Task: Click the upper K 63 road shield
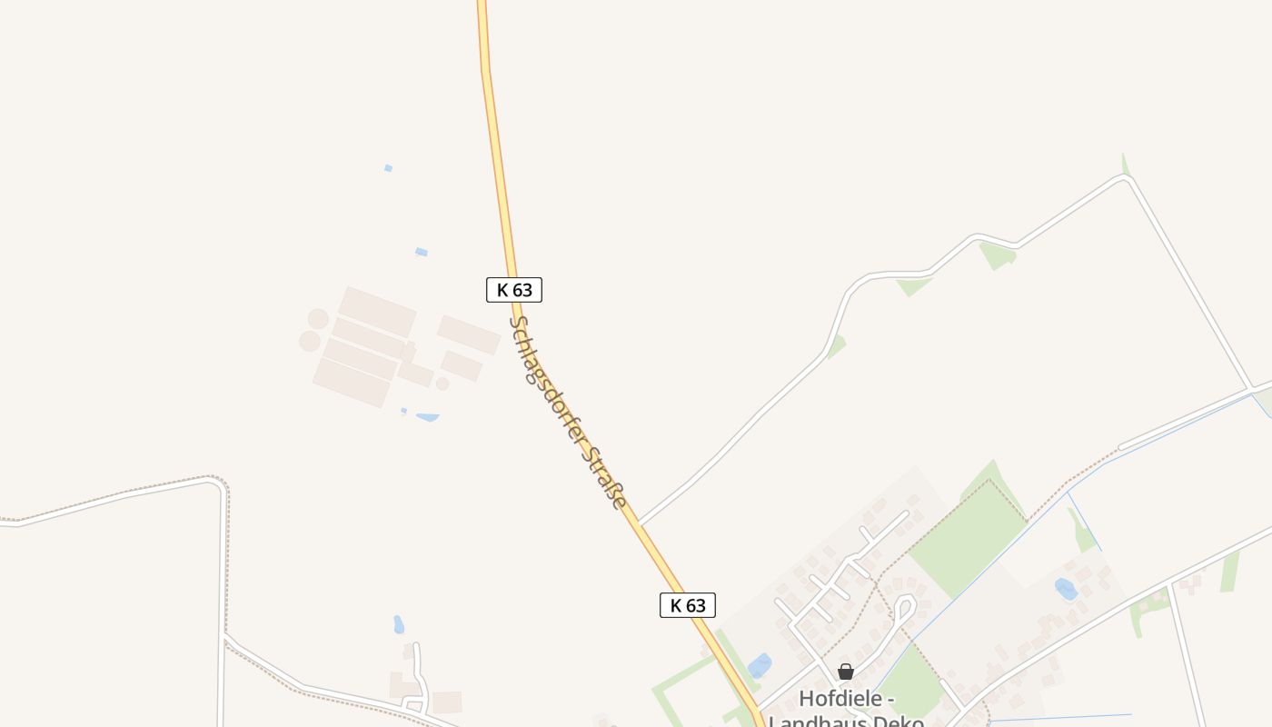(514, 290)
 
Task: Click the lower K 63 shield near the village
(688, 605)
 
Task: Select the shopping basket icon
(846, 672)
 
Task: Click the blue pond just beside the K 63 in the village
(760, 666)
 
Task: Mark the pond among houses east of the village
(1066, 589)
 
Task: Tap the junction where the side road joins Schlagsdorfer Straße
(640, 523)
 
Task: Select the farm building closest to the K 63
(469, 334)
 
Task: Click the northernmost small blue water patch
(388, 168)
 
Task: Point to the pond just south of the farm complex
(427, 417)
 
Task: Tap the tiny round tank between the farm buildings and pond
(442, 383)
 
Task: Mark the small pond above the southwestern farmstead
(398, 624)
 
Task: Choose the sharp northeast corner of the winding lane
(1128, 178)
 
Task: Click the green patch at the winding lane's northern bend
(997, 254)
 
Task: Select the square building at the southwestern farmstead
(446, 702)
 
